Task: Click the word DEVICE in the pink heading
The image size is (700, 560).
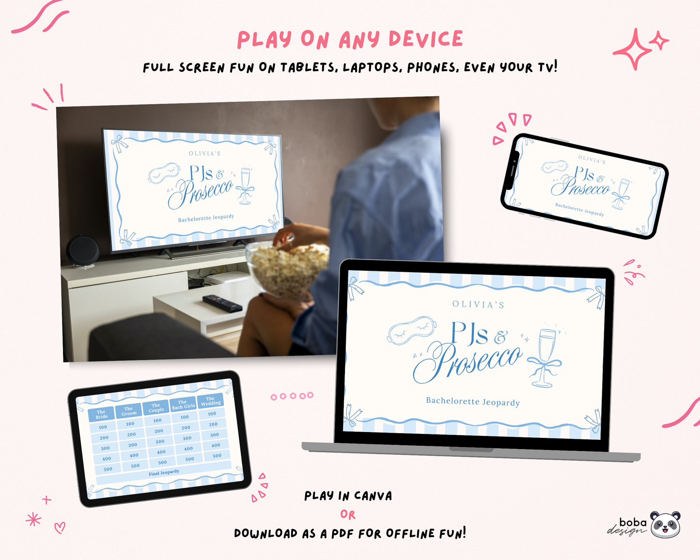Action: point(426,39)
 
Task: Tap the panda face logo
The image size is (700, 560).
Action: point(665,524)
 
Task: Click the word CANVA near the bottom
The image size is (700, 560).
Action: point(373,496)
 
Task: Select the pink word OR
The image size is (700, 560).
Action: point(348,514)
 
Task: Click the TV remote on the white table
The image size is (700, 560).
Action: point(222,303)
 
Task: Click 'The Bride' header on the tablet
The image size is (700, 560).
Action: point(101,414)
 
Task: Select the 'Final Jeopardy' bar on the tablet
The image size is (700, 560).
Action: point(164,472)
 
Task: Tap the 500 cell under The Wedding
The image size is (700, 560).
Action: point(217,455)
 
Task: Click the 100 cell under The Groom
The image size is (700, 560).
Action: point(130,424)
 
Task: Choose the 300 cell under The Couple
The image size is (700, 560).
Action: point(160,442)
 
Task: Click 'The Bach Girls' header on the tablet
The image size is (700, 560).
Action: point(184,404)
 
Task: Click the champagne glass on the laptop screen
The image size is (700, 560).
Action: point(545,358)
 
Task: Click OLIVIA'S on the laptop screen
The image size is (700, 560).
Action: point(478,305)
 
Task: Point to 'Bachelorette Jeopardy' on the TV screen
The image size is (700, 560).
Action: point(206,218)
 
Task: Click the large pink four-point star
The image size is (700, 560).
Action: point(632,49)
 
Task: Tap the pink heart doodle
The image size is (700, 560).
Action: point(60,528)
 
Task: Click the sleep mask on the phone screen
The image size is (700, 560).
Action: point(555,167)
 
